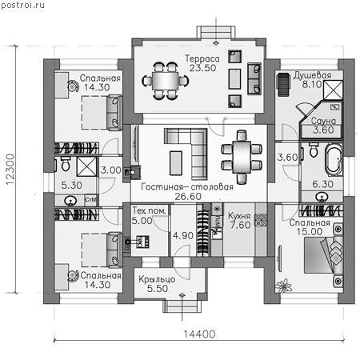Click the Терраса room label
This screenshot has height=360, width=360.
(x=202, y=58)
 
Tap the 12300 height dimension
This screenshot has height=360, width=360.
(x=10, y=170)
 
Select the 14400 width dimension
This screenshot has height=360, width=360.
(x=199, y=334)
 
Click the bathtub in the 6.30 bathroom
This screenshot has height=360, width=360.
(x=334, y=160)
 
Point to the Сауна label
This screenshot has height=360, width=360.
(x=323, y=121)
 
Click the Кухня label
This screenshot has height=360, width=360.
(x=239, y=216)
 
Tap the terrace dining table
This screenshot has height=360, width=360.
(x=166, y=81)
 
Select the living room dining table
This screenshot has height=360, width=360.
(x=242, y=158)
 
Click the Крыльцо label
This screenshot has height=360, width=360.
(x=157, y=279)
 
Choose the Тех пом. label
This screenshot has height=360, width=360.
(x=150, y=210)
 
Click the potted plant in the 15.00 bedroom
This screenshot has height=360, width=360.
(x=284, y=286)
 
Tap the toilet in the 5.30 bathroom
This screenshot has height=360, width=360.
(x=66, y=164)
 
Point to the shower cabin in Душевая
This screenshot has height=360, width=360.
(x=333, y=90)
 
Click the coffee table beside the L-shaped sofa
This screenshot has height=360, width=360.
(x=176, y=163)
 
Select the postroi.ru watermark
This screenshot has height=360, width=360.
(x=22, y=5)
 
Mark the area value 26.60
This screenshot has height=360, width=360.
(x=188, y=197)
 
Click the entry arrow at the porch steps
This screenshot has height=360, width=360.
(x=182, y=306)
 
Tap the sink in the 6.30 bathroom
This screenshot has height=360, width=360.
(x=322, y=197)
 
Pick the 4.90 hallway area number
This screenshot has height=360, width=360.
(x=183, y=236)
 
